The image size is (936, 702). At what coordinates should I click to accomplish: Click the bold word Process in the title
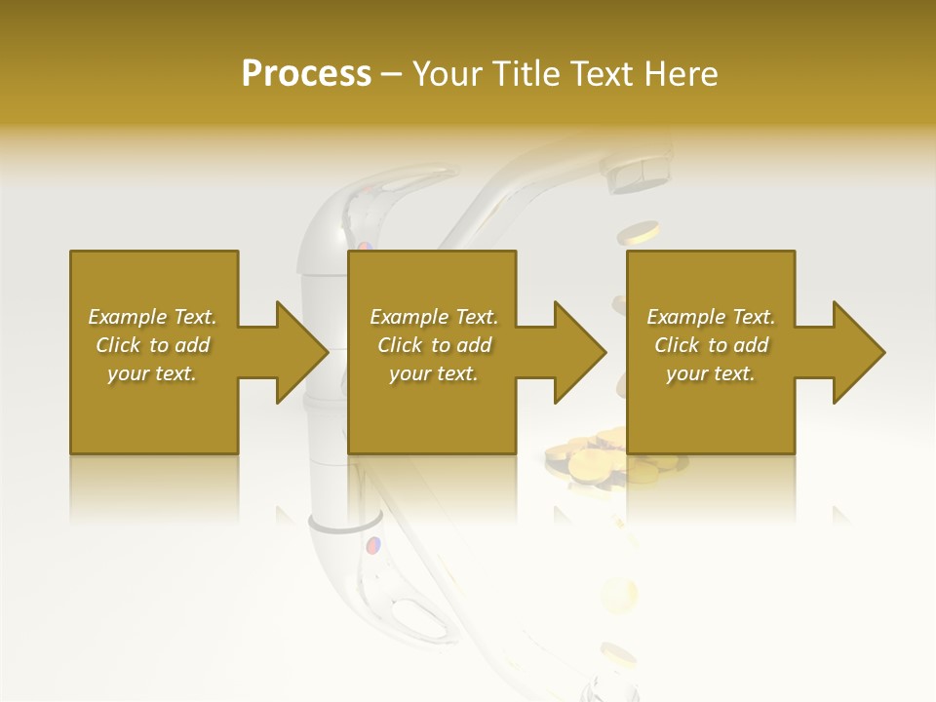coord(306,73)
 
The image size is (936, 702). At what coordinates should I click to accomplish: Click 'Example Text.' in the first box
coord(152,317)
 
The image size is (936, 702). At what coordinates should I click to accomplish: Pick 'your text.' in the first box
coord(152,373)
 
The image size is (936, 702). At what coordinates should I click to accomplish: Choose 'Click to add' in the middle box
coord(434,345)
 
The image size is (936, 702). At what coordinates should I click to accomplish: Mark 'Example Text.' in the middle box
coord(434,317)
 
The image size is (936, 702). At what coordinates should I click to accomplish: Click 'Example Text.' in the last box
coord(711,317)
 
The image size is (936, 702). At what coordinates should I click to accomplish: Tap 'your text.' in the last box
coord(711,373)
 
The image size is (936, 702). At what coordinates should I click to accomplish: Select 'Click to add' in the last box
coord(711,345)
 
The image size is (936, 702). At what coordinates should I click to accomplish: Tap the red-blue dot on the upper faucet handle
coord(364,248)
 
